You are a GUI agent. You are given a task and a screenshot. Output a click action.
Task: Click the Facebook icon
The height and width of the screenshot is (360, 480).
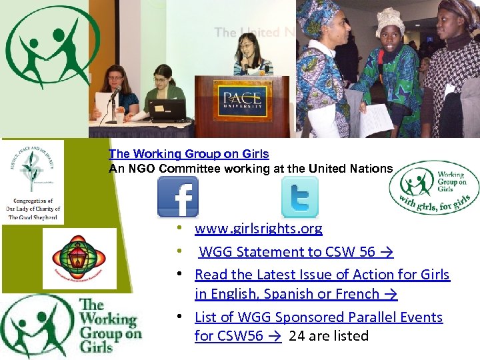click(178, 197)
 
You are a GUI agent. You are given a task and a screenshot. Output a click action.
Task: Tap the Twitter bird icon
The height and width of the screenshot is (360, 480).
click(299, 197)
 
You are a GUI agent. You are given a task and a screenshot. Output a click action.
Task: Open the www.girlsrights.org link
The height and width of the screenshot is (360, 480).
click(258, 229)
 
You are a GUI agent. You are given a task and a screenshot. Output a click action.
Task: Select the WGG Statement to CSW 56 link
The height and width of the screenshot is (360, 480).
click(296, 251)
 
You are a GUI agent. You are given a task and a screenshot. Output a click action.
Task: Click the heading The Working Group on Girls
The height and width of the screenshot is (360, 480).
click(189, 154)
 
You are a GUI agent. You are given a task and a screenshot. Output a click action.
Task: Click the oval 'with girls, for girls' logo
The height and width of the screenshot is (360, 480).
click(433, 187)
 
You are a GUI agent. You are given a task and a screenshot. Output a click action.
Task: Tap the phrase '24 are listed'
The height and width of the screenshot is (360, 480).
click(329, 336)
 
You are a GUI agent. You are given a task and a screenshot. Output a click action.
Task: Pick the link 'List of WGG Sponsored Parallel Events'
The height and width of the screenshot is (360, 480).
click(319, 317)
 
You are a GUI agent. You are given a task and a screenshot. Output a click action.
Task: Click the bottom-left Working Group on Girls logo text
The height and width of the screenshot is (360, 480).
click(110, 325)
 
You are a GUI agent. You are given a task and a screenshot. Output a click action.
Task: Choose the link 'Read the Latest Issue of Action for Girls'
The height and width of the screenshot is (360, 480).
click(322, 274)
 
